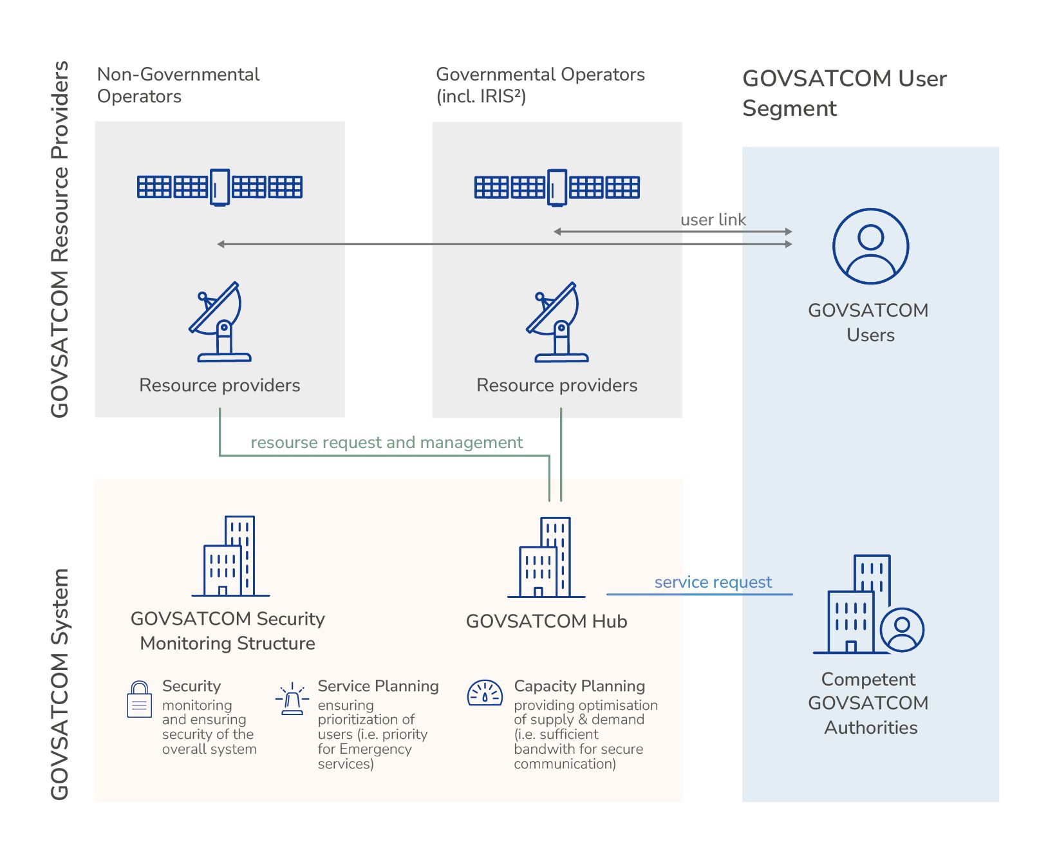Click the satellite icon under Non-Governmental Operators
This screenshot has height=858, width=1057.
click(220, 187)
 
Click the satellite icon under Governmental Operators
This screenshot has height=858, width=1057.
click(557, 187)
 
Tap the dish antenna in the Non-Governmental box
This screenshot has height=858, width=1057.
click(219, 322)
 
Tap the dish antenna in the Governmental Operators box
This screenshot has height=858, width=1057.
click(556, 322)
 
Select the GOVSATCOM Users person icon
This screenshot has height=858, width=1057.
click(870, 246)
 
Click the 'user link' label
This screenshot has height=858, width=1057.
click(713, 220)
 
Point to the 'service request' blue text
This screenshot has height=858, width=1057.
click(713, 583)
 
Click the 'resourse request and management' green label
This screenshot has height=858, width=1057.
click(386, 443)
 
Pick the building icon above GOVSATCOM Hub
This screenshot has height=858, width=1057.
click(546, 557)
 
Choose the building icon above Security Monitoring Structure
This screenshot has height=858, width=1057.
click(230, 556)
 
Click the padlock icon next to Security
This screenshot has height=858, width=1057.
click(140, 700)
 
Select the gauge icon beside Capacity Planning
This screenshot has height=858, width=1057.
click(484, 693)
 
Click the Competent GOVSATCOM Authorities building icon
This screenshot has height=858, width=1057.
click(866, 605)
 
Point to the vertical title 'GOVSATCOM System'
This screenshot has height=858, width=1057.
click(60, 684)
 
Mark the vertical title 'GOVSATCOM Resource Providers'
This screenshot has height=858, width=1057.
click(60, 239)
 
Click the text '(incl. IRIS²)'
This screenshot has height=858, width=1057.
click(481, 97)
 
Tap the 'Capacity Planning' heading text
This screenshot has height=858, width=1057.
click(579, 686)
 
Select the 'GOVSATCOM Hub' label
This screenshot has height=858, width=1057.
click(546, 622)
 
